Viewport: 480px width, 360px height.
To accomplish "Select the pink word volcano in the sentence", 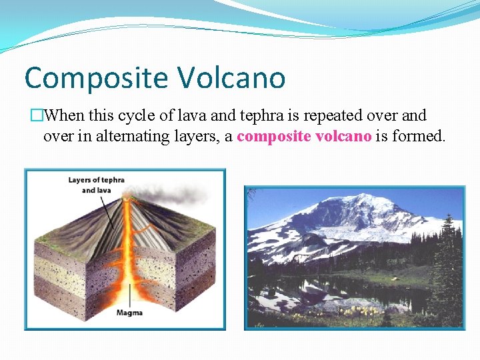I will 338,137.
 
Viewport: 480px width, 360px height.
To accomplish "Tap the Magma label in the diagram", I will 129,313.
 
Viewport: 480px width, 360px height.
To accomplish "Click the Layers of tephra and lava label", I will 96,185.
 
